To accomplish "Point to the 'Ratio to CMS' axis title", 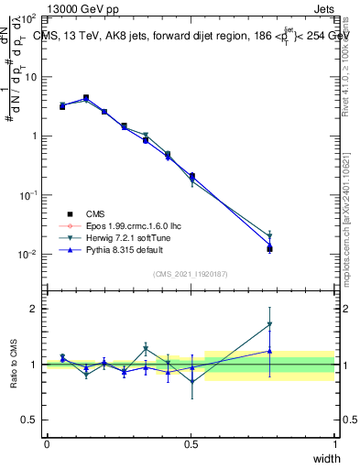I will [x=14, y=364].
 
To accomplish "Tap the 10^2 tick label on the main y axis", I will [x=28, y=18].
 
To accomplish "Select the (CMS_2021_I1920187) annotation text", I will [x=191, y=274].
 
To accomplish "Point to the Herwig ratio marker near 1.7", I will [x=269, y=324].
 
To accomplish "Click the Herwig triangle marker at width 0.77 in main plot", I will [x=269, y=235].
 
